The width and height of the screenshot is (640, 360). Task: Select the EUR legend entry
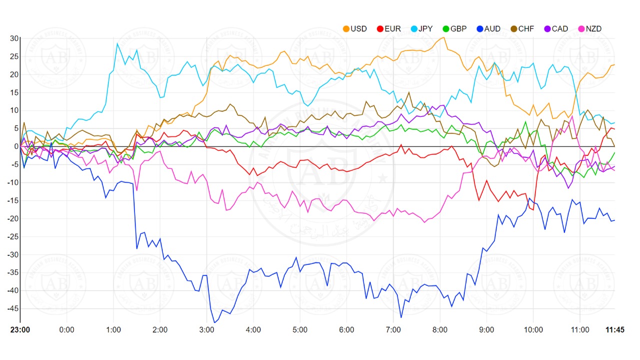tap(388, 28)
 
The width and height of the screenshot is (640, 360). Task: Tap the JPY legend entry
tap(421, 28)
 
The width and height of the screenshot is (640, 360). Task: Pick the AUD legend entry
tap(488, 28)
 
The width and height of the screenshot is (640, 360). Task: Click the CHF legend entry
tap(521, 28)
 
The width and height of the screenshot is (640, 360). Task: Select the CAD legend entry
tap(555, 28)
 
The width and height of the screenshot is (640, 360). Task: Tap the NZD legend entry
tap(589, 28)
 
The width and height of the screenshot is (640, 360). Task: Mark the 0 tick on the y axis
tap(16, 146)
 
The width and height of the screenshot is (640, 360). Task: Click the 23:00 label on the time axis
tap(20, 330)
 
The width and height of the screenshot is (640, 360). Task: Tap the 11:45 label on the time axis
tap(614, 330)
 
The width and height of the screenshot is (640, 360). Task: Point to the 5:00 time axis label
tap(300, 330)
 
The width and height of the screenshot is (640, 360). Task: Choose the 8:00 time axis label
tap(440, 330)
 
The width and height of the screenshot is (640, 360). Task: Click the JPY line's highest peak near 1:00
tap(117, 43)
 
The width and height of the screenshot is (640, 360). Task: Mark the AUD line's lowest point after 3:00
tap(214, 322)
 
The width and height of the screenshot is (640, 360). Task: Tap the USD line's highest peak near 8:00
tap(444, 37)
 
